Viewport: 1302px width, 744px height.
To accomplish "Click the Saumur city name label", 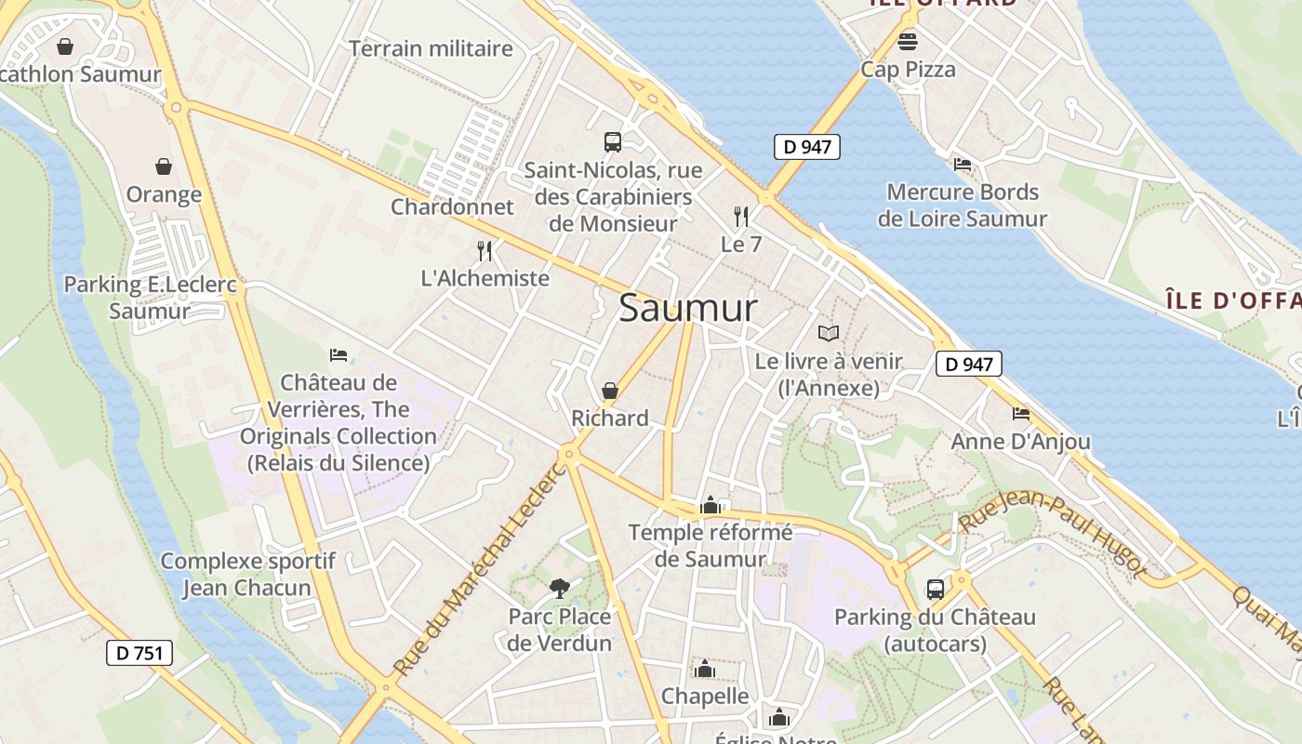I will pyautogui.click(x=688, y=308).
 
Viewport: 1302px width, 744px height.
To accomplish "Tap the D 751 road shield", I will pyautogui.click(x=139, y=653).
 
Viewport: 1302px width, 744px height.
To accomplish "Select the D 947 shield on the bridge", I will pyautogui.click(x=806, y=146).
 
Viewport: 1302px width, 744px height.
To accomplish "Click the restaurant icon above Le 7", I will pyautogui.click(x=741, y=217).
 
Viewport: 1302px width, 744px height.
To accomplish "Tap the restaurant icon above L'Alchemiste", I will pyautogui.click(x=485, y=250).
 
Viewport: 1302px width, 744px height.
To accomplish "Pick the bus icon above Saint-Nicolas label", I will pyautogui.click(x=612, y=142).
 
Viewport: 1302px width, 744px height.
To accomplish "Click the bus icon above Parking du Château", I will pyautogui.click(x=935, y=589).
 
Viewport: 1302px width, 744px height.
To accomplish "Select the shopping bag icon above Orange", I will pyautogui.click(x=164, y=166).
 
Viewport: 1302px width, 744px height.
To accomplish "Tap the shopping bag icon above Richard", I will pyautogui.click(x=610, y=391).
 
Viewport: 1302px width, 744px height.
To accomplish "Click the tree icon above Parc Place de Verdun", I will pyautogui.click(x=559, y=588).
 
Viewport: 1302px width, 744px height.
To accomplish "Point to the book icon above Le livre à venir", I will pyautogui.click(x=829, y=333).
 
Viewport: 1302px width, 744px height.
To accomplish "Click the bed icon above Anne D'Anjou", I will pyautogui.click(x=1021, y=413).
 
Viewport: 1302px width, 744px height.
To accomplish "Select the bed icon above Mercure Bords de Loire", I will pyautogui.click(x=963, y=165).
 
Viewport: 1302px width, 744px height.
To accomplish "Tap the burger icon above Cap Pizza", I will pyautogui.click(x=908, y=41).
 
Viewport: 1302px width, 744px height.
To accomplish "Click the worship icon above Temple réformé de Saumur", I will pyautogui.click(x=711, y=505).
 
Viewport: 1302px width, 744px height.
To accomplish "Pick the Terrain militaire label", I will pyautogui.click(x=431, y=48).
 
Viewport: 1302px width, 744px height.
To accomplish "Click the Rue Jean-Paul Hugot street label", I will pyautogui.click(x=1051, y=534).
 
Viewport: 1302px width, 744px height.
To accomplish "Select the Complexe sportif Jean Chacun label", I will pyautogui.click(x=247, y=574).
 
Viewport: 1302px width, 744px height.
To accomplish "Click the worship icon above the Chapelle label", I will pyautogui.click(x=705, y=669).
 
